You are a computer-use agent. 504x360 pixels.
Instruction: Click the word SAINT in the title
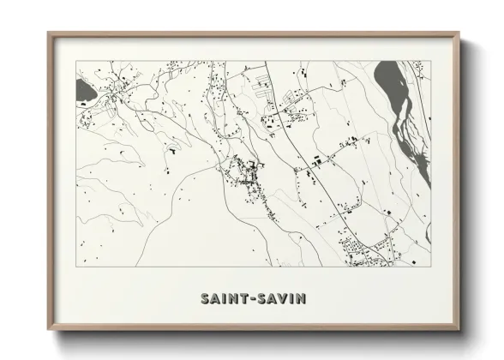225,299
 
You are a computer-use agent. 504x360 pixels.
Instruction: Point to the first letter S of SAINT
205,299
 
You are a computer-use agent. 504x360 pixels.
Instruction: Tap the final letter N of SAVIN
301,299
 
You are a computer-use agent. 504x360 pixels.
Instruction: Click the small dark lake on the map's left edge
86,88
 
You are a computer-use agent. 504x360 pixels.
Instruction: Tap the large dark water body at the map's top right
389,83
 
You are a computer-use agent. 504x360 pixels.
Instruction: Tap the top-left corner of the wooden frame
50,34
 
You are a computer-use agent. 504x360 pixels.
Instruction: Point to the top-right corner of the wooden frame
458,34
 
